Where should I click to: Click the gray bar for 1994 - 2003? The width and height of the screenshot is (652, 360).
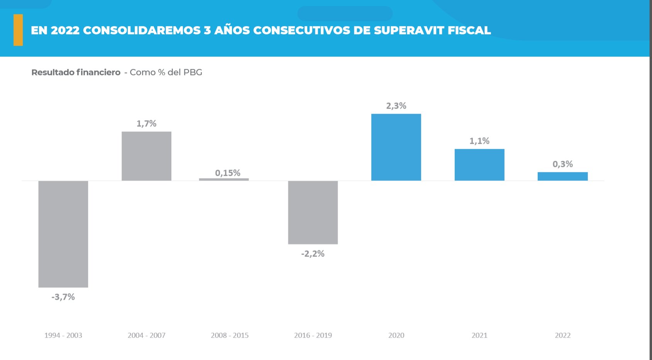click(x=63, y=234)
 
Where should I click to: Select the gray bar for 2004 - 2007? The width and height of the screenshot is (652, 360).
click(x=146, y=156)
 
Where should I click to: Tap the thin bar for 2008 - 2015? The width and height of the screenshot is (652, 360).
click(x=224, y=179)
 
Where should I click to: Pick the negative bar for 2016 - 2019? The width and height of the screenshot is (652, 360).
click(x=313, y=212)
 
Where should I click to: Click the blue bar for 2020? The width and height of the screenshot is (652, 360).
click(x=396, y=147)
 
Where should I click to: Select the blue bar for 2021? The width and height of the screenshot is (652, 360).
click(x=479, y=165)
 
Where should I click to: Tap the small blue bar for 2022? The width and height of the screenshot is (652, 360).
click(x=562, y=176)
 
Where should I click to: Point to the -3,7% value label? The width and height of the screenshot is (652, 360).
click(x=63, y=297)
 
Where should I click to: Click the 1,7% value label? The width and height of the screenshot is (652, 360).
click(x=146, y=124)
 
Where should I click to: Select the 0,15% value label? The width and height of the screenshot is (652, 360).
click(x=228, y=173)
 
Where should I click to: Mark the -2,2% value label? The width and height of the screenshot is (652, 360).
click(x=313, y=254)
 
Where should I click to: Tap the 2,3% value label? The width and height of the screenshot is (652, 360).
click(x=396, y=106)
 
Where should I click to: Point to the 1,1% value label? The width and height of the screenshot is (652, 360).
click(x=479, y=141)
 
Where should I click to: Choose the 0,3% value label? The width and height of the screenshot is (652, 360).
click(x=562, y=164)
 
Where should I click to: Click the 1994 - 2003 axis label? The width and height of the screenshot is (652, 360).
click(x=63, y=335)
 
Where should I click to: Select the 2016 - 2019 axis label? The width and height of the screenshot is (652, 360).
click(x=313, y=335)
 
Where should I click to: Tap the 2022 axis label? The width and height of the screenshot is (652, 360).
click(x=562, y=335)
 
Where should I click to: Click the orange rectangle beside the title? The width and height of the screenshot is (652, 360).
click(x=18, y=30)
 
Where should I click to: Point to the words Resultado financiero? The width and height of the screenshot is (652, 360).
click(x=76, y=72)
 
